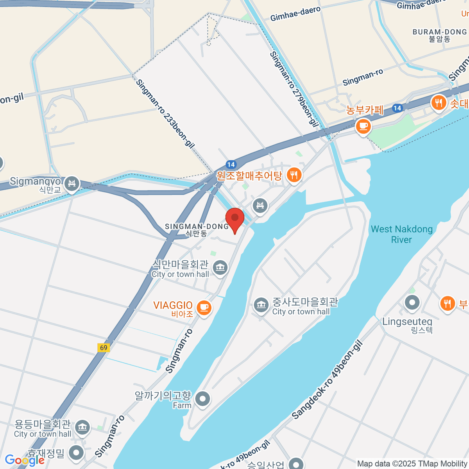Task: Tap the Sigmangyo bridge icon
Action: click(x=72, y=184)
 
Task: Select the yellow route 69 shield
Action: click(x=104, y=347)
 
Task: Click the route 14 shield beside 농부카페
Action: click(x=397, y=108)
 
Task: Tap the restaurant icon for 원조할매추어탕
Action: click(x=294, y=175)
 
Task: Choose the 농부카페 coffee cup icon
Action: click(x=363, y=126)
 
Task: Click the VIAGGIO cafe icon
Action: click(x=203, y=308)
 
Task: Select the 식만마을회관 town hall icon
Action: click(x=220, y=268)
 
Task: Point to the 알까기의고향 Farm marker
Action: click(x=202, y=399)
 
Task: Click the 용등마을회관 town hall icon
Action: click(x=82, y=428)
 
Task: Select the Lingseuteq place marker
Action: click(x=412, y=303)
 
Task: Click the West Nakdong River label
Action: click(x=402, y=234)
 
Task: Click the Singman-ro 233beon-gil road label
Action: click(x=165, y=114)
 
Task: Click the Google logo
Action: click(x=24, y=460)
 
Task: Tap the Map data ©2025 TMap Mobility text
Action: click(x=412, y=464)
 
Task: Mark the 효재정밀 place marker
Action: click(x=76, y=453)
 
